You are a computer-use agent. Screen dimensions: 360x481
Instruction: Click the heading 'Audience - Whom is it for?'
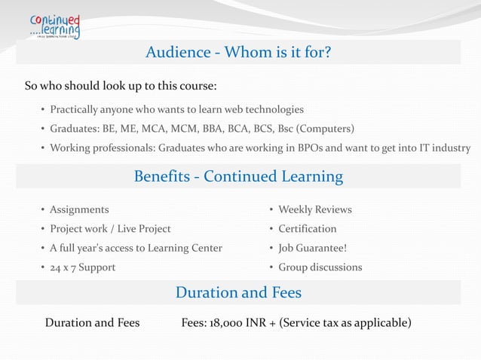click(238, 53)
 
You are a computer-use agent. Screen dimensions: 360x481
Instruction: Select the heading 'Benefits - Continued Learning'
click(238, 176)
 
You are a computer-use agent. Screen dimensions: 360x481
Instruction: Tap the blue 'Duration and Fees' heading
click(238, 292)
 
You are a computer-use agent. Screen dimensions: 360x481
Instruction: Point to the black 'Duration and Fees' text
click(92, 323)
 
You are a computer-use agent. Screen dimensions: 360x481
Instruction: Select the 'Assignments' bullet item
click(79, 209)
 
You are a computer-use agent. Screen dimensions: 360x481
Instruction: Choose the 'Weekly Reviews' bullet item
click(314, 209)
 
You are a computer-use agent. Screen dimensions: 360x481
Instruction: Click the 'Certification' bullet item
click(307, 229)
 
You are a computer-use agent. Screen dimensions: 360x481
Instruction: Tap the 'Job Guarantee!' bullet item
click(312, 248)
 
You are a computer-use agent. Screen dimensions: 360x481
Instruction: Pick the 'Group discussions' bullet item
click(320, 267)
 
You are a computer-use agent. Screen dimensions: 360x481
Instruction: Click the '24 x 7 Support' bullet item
click(82, 267)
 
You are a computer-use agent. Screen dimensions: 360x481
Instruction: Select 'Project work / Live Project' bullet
click(110, 229)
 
